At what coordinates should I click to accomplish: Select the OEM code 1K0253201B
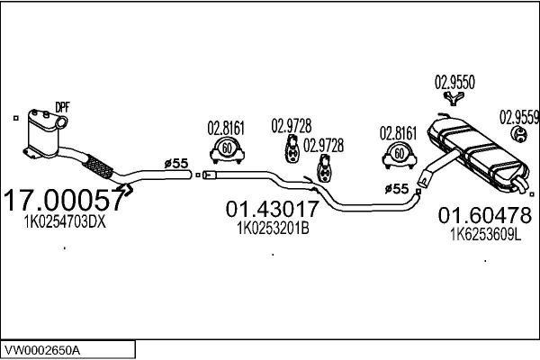tap(272, 229)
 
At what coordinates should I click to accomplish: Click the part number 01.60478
tap(484, 215)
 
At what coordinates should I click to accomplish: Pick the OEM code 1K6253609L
tap(485, 235)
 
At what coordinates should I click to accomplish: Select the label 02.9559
tap(519, 116)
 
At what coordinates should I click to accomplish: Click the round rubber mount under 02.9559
tap(519, 135)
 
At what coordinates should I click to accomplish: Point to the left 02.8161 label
tap(226, 127)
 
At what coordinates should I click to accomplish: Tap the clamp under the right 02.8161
tap(397, 155)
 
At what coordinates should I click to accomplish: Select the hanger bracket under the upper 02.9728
tap(292, 150)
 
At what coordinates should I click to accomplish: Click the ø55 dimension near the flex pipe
tap(175, 163)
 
